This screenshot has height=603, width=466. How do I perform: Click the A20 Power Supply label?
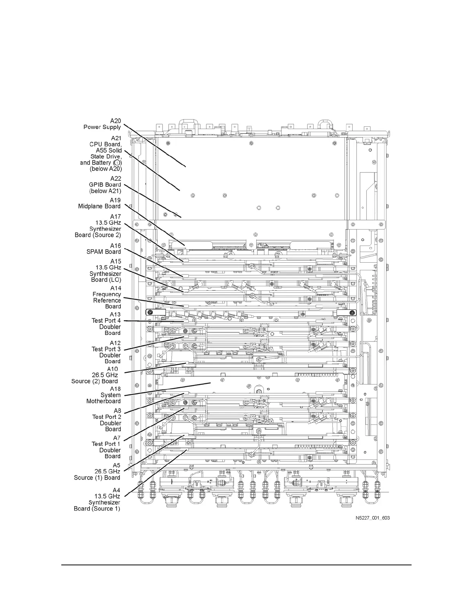tap(103, 124)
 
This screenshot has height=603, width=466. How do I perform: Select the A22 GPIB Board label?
tap(105, 185)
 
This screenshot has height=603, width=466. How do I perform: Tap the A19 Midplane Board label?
tap(100, 203)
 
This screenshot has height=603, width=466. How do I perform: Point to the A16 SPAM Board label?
tap(104, 249)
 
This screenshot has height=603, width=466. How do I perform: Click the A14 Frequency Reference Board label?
tap(107, 297)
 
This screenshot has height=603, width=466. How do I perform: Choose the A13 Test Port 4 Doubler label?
tap(107, 324)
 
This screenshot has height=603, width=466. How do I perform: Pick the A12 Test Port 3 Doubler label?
tap(107, 352)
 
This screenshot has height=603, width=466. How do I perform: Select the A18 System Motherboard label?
tap(104, 395)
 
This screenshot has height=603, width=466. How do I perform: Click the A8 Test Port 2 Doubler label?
tap(107, 420)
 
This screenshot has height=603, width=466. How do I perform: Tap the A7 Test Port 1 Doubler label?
tap(107, 447)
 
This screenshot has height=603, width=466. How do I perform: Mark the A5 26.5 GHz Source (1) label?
tap(97, 471)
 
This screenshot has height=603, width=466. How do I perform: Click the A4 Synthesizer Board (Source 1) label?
tap(97, 499)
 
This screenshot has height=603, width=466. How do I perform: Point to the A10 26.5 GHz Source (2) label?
tap(95, 375)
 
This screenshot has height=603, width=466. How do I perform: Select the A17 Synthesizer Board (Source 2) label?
tap(99, 226)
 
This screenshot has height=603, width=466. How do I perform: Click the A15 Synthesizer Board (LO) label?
tap(106, 270)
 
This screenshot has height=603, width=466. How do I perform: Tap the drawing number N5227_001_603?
tap(370, 518)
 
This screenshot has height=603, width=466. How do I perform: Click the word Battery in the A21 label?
tap(101, 163)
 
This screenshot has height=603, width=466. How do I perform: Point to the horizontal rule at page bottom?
tap(236, 565)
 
